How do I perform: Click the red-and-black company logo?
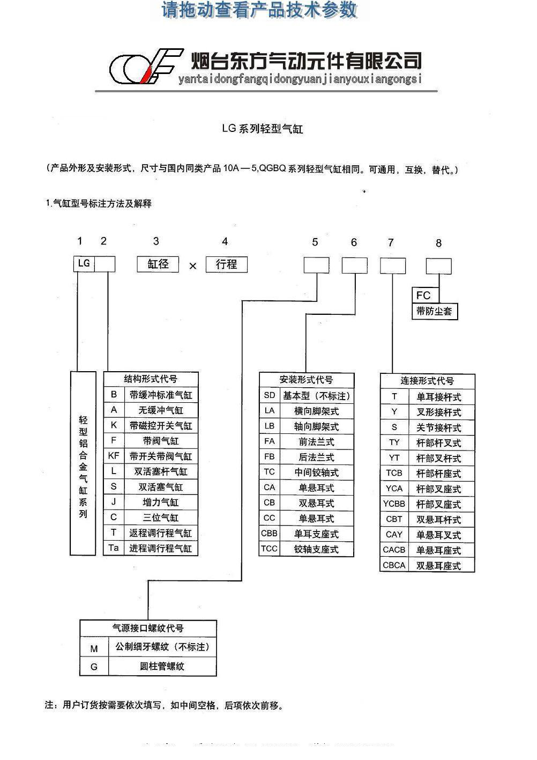(x=146, y=66)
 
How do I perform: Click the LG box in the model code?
(x=84, y=264)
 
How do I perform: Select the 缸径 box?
(x=158, y=264)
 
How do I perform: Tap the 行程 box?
(x=227, y=264)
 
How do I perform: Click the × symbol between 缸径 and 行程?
(x=192, y=265)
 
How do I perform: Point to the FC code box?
(x=426, y=295)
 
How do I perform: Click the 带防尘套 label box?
(x=435, y=311)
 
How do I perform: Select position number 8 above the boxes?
(x=438, y=243)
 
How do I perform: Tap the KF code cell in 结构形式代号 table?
(x=114, y=455)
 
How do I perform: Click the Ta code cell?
(x=114, y=548)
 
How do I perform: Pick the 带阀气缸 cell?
(x=161, y=440)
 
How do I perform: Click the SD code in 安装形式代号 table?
(x=270, y=395)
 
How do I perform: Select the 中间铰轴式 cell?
(x=317, y=472)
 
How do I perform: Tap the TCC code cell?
(x=270, y=549)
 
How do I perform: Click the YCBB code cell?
(x=394, y=504)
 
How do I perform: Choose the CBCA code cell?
(x=394, y=565)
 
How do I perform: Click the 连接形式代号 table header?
(x=427, y=381)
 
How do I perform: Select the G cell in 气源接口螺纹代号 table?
(x=94, y=667)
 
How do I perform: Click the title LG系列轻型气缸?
(x=263, y=129)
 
